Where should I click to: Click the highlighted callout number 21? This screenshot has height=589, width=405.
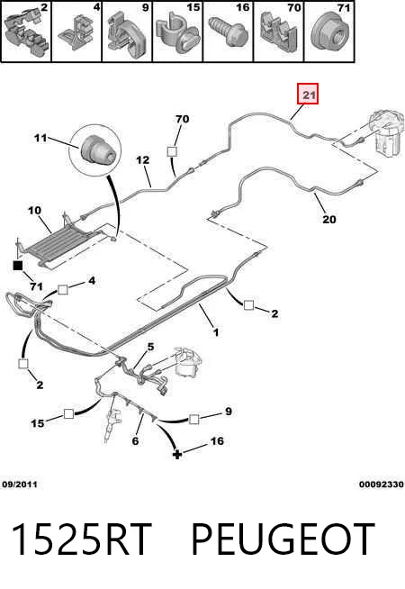tap(308, 95)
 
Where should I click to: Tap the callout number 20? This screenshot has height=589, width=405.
tap(329, 219)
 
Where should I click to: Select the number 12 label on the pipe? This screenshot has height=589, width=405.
tap(142, 160)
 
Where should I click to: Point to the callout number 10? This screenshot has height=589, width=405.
tap(34, 211)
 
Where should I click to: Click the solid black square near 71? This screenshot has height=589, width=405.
tap(18, 266)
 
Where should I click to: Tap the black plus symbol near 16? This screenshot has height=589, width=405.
tap(176, 455)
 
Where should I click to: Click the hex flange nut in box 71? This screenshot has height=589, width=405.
tap(330, 32)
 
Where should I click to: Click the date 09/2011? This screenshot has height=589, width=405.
tap(20, 485)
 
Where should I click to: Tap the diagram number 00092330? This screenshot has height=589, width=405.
tap(382, 485)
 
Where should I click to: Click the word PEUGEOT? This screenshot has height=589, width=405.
tap(283, 539)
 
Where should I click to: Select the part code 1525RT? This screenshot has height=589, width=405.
tap(82, 539)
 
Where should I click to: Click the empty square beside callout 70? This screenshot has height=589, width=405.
tap(172, 151)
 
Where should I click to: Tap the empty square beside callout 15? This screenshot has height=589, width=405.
tap(68, 413)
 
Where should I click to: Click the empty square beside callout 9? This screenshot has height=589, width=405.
tap(193, 419)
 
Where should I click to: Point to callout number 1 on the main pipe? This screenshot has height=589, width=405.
tap(216, 332)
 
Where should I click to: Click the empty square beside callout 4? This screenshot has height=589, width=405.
tap(63, 290)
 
